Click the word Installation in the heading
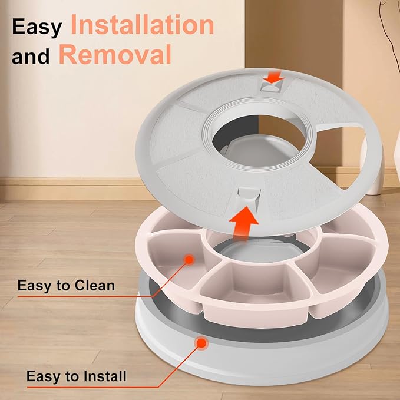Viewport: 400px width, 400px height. click(142, 25)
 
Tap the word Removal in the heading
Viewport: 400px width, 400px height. click(115, 54)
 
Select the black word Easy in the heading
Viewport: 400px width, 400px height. click(37, 27)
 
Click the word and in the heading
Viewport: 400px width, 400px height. click(31, 57)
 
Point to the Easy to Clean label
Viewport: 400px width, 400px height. click(66, 285)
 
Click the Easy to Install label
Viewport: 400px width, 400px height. click(76, 376)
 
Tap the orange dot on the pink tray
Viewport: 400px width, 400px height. click(189, 260)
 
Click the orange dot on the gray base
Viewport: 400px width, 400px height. click(201, 343)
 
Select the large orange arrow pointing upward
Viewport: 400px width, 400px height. click(243, 223)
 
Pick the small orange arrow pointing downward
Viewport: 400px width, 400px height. click(273, 78)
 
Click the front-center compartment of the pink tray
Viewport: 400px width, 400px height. click(256, 283)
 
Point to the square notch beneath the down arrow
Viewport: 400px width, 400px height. click(270, 87)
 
